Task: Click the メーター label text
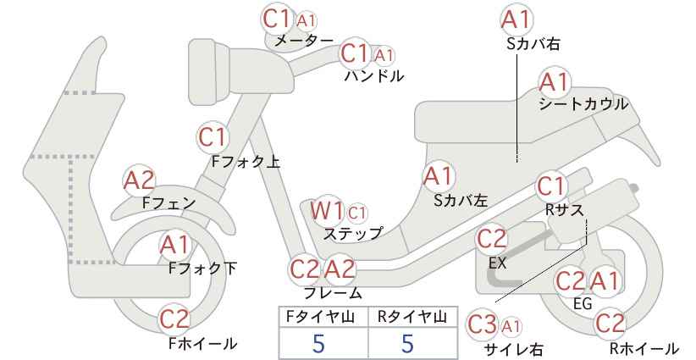(304, 41)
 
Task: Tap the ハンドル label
(374, 75)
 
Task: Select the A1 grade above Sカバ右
(516, 19)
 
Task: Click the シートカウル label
(583, 104)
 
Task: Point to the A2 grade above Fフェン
(140, 180)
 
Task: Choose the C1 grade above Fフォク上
(213, 137)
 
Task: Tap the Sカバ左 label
(461, 201)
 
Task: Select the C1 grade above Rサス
(551, 186)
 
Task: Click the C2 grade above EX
(491, 239)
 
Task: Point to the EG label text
(583, 303)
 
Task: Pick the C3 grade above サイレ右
(482, 325)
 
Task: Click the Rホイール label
(644, 348)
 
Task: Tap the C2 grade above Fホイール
(174, 318)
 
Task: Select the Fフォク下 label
(203, 269)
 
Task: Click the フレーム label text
(333, 293)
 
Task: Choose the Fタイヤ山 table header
(320, 317)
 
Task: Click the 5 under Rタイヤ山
(407, 343)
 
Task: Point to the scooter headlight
(209, 71)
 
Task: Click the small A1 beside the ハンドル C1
(384, 56)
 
